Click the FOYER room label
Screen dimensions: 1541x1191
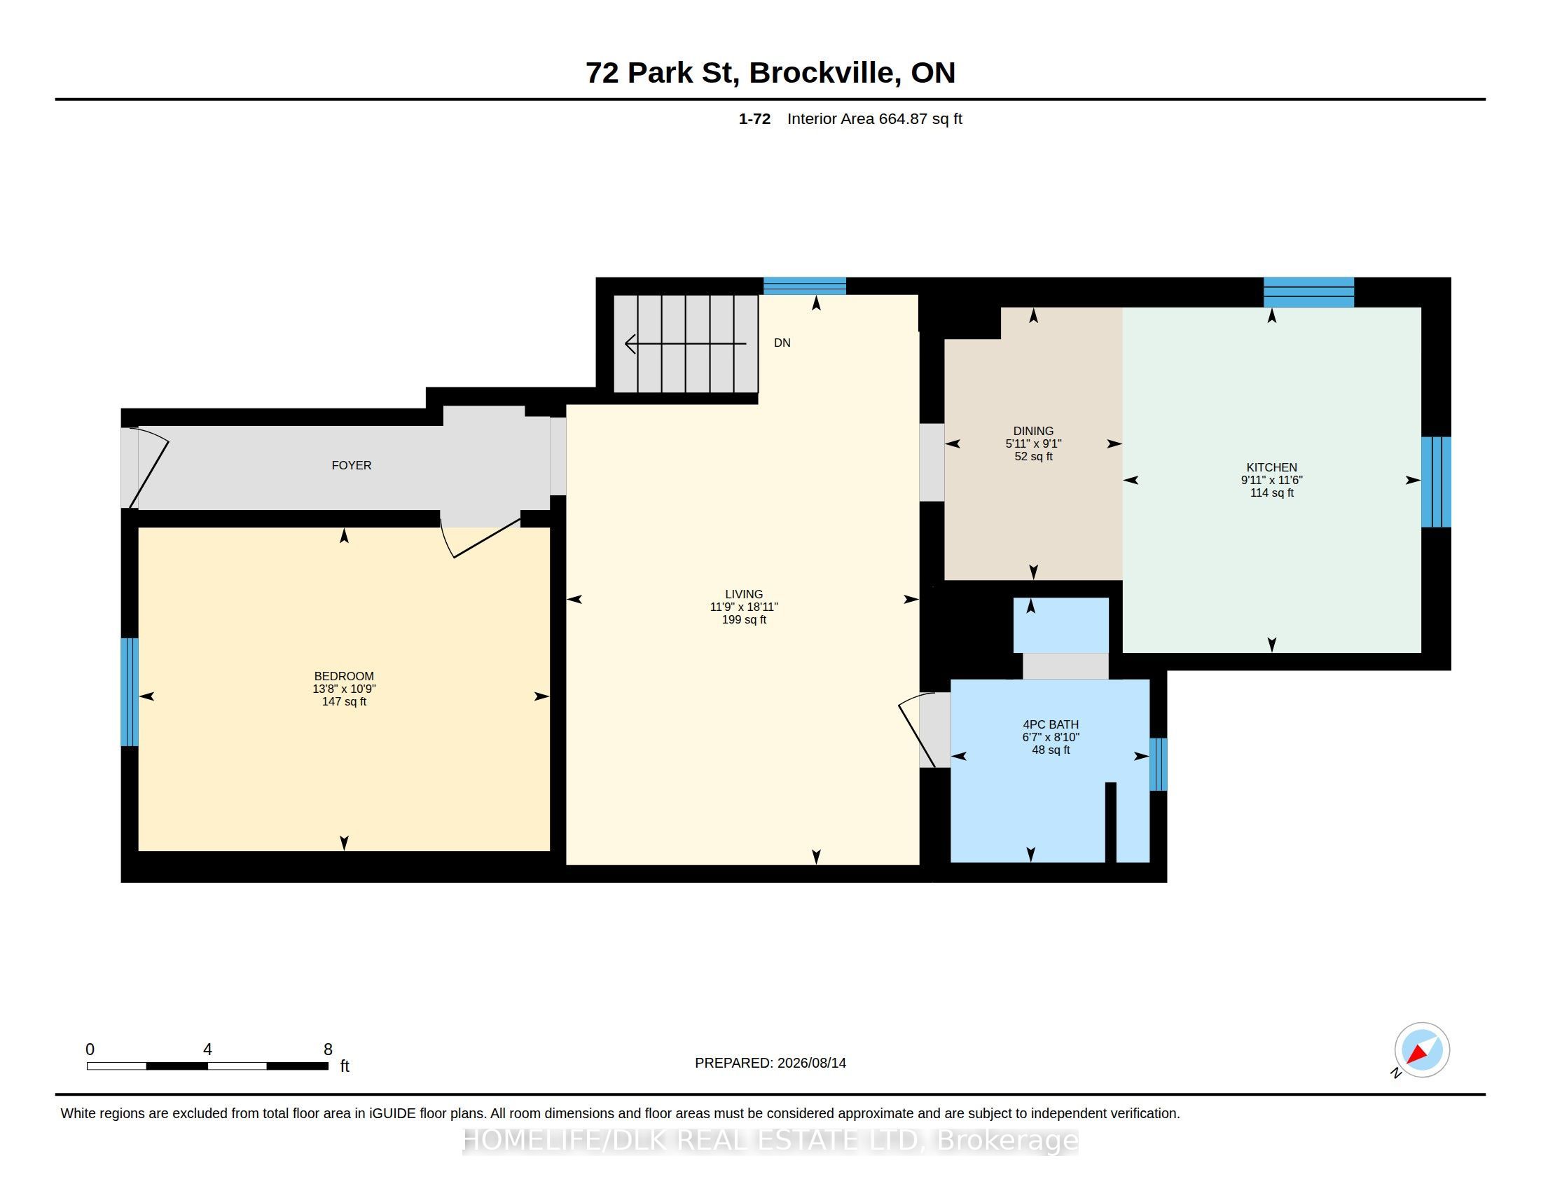click(x=352, y=465)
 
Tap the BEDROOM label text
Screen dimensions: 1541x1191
click(x=344, y=676)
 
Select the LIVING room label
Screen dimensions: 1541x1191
click(x=744, y=594)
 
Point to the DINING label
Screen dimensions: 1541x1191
click(x=1033, y=431)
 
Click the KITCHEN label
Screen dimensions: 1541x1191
click(x=1271, y=467)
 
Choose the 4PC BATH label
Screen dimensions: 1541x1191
click(x=1051, y=724)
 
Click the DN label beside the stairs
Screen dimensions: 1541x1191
click(x=782, y=343)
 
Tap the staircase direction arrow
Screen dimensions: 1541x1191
click(x=685, y=343)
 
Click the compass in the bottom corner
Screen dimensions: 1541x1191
click(x=1421, y=1050)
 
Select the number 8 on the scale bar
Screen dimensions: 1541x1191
click(x=328, y=1049)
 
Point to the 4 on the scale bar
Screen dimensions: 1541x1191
click(x=207, y=1049)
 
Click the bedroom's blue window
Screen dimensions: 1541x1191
click(x=129, y=692)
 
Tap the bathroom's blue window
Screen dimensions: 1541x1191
click(x=1158, y=764)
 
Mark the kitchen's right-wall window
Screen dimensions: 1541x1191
click(x=1436, y=482)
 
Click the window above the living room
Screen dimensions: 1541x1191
click(x=804, y=286)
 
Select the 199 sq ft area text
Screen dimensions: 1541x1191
click(x=744, y=619)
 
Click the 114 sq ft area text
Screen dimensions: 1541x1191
click(x=1271, y=493)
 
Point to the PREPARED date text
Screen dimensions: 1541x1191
click(x=770, y=1063)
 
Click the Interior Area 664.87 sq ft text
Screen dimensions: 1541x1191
click(x=874, y=118)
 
